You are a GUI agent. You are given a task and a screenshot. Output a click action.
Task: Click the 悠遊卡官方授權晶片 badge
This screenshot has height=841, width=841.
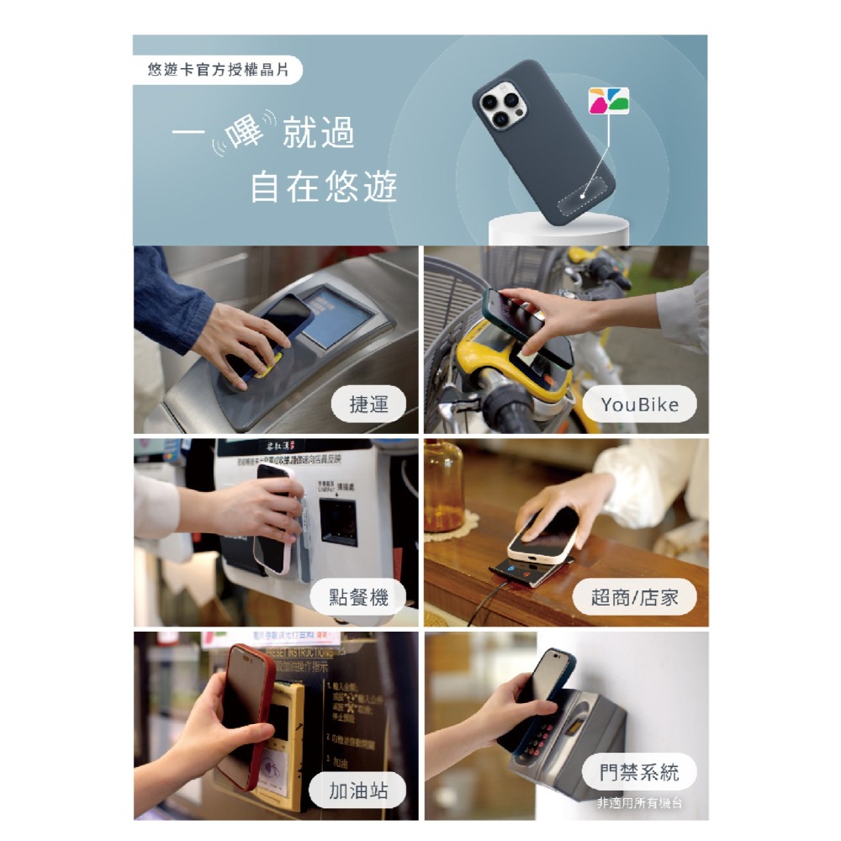tap(218, 70)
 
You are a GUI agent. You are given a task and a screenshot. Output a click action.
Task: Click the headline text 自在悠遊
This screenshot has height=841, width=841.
tap(324, 187)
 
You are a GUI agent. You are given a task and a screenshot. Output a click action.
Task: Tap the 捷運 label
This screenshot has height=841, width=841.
tap(369, 405)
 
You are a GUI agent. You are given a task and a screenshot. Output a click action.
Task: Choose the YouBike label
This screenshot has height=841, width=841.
tap(639, 405)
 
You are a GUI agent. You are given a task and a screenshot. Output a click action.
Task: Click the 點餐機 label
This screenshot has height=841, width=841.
tap(360, 598)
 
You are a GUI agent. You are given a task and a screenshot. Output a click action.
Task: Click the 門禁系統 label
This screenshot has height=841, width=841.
tap(639, 772)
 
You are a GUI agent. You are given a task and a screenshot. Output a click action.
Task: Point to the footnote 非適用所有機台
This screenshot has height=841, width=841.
tap(639, 804)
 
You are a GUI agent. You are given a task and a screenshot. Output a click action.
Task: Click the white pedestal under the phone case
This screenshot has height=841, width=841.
tap(558, 229)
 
